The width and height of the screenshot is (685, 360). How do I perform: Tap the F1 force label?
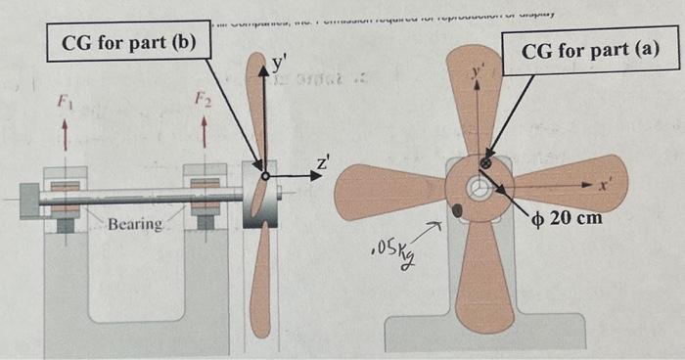[x=66, y=98]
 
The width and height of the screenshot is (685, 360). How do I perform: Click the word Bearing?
[x=135, y=225]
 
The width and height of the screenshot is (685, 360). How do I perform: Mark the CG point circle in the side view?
[x=265, y=176]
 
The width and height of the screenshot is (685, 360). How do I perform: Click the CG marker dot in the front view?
[x=485, y=162]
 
